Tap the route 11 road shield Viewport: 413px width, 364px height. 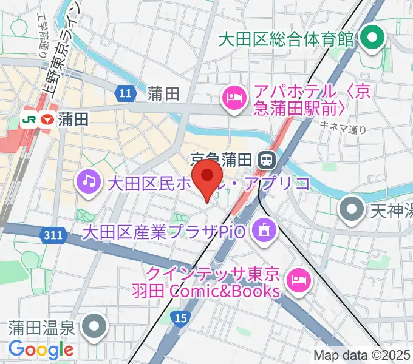coord(125,93)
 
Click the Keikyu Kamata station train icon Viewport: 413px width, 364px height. coord(265,160)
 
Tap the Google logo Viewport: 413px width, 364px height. coord(41,349)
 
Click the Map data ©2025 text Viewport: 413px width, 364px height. coord(363,355)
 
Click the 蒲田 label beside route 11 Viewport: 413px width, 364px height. coord(163,93)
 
